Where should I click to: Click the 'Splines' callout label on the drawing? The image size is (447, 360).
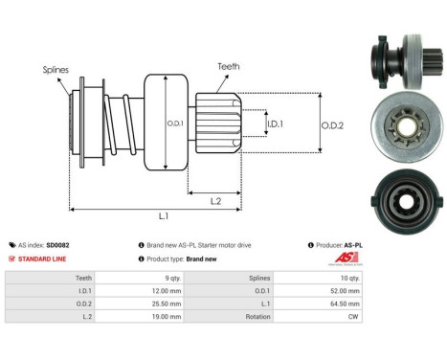coord(55,69)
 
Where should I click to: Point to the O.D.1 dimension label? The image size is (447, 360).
coord(175,122)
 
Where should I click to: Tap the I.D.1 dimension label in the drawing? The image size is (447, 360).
coord(275,124)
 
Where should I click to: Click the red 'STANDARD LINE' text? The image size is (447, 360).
coord(43,259)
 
